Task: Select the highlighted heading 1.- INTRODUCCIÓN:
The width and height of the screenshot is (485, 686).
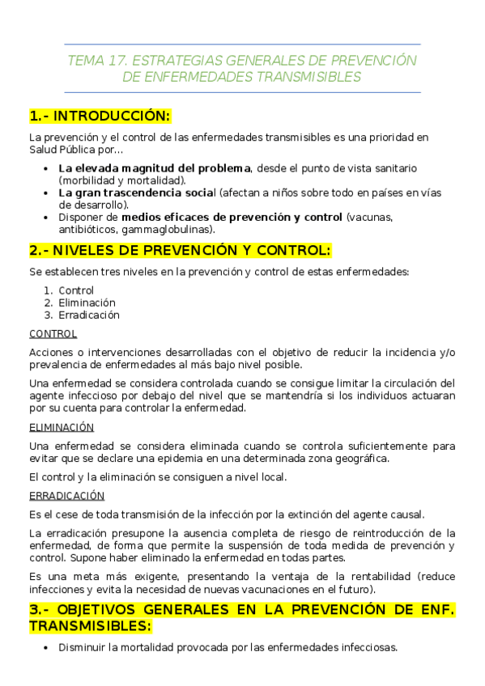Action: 100,115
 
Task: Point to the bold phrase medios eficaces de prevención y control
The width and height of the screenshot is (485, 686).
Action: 232,218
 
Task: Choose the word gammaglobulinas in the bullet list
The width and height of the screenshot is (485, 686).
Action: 174,230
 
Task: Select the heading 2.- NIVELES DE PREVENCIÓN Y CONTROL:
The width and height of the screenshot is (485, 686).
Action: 180,250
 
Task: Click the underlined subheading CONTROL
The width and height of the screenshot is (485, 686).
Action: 53,333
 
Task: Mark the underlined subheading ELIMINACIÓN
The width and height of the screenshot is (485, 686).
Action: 62,427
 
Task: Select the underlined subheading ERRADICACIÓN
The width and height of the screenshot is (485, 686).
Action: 66,496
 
